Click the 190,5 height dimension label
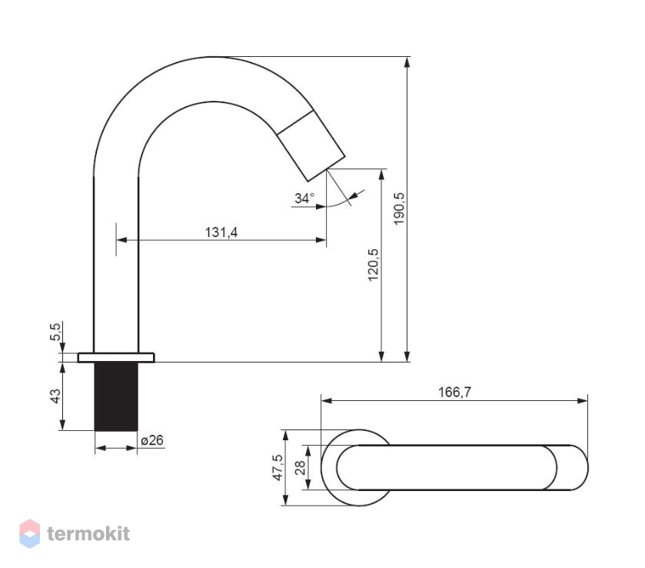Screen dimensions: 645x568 click(398, 209)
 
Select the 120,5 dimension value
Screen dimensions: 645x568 click(373, 265)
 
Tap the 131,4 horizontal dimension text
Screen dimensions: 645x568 click(221, 232)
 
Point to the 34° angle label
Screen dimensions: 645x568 click(304, 198)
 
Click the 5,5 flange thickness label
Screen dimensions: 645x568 click(55, 332)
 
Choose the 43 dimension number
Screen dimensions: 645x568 click(55, 396)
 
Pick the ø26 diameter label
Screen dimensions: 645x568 click(152, 440)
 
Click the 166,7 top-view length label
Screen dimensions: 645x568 click(454, 392)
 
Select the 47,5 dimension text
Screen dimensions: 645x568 click(278, 467)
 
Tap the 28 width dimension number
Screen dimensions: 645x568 click(301, 468)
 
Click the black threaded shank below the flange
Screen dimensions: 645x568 click(116, 396)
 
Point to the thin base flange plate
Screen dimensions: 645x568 click(116, 358)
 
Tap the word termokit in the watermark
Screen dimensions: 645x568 click(88, 534)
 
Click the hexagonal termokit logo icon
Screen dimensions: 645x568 click(30, 534)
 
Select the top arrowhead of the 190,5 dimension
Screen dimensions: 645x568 click(407, 62)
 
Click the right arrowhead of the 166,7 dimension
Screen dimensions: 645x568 click(583, 401)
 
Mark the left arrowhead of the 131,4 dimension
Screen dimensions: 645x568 click(121, 239)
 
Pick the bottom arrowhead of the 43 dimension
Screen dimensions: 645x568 click(62, 425)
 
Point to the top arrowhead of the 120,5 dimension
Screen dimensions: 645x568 click(381, 174)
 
